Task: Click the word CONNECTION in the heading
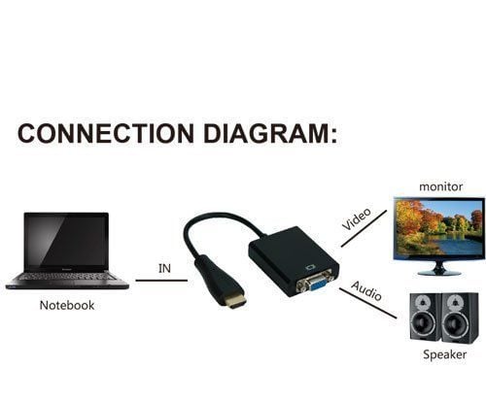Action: pyautogui.click(x=106, y=133)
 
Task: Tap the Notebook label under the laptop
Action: pyautogui.click(x=67, y=305)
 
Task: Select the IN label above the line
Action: pyautogui.click(x=164, y=268)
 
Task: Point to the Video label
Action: pyautogui.click(x=357, y=218)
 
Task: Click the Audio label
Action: pyautogui.click(x=366, y=290)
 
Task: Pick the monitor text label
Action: pyautogui.click(x=440, y=186)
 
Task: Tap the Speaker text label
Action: pyautogui.click(x=445, y=354)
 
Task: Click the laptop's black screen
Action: pyautogui.click(x=66, y=241)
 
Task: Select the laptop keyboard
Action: pyautogui.click(x=67, y=277)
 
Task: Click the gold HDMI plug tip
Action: pyautogui.click(x=235, y=302)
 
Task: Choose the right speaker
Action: pyautogui.click(x=460, y=318)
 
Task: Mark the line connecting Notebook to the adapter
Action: pyautogui.click(x=161, y=281)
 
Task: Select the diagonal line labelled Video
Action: pyautogui.click(x=364, y=228)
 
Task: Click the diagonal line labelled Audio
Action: pyautogui.click(x=368, y=303)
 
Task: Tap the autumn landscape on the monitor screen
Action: pyautogui.click(x=439, y=227)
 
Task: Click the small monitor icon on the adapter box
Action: pyautogui.click(x=311, y=267)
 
